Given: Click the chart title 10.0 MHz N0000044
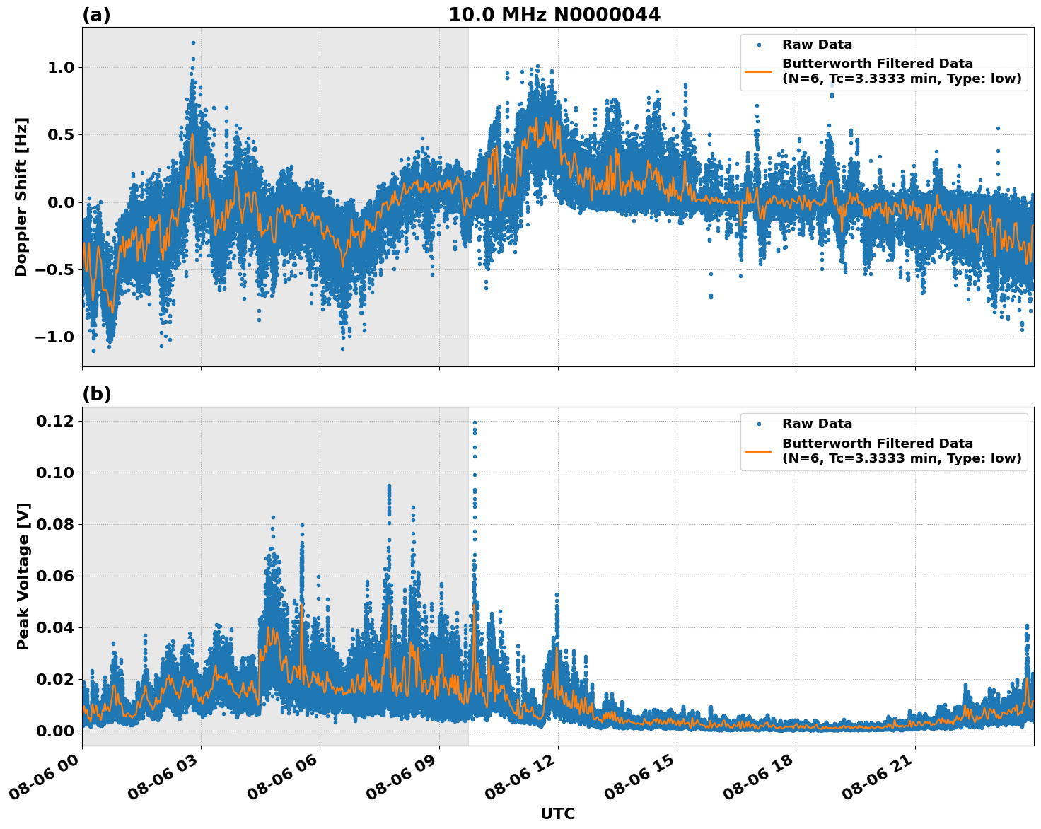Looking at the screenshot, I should point(554,15).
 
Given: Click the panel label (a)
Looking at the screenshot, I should point(96,15).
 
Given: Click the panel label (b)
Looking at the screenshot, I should point(96,394).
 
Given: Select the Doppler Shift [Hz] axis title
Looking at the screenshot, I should point(21,197).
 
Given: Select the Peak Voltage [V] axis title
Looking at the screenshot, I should point(23,576).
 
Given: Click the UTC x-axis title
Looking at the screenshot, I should point(557,813).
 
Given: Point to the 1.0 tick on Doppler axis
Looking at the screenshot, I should point(60,68).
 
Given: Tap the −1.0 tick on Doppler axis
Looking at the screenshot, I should point(55,337).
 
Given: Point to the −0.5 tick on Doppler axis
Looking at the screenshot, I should point(55,269).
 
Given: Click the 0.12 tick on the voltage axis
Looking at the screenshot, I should point(55,422).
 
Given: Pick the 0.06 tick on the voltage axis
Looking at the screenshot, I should point(55,576).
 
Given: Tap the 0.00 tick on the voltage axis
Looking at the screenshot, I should point(55,731).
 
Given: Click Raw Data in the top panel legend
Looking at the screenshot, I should point(817,45).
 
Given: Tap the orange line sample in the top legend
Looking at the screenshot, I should point(758,71).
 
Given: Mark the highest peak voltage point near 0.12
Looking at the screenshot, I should point(475,422).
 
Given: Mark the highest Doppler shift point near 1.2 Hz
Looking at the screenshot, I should point(193,42).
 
